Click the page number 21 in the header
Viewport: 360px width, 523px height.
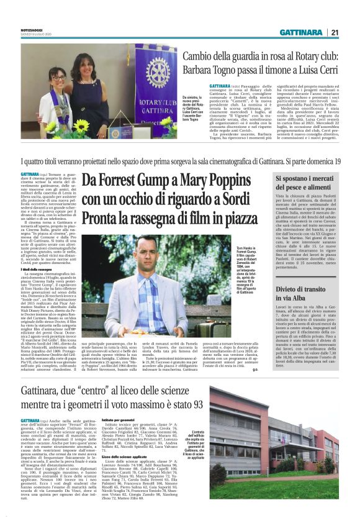coord(335,32)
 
